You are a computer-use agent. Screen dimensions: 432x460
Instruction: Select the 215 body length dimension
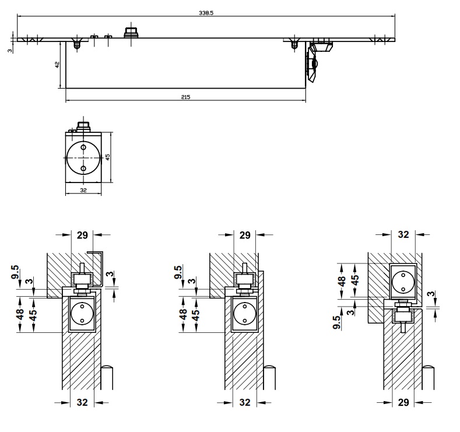point(186,97)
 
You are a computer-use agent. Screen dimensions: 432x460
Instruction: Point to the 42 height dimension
point(57,65)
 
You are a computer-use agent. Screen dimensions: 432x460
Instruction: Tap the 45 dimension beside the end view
point(107,156)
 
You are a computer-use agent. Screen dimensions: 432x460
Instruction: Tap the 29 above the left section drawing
point(82,235)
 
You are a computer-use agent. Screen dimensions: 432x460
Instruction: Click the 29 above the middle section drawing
point(245,235)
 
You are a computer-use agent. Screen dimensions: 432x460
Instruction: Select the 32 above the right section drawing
point(403,235)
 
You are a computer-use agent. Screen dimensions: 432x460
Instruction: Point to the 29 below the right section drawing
point(403,402)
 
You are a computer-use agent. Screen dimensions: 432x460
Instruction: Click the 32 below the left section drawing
point(82,402)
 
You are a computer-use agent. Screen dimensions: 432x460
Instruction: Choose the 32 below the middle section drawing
point(245,402)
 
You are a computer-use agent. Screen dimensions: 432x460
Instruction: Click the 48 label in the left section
point(19,314)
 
